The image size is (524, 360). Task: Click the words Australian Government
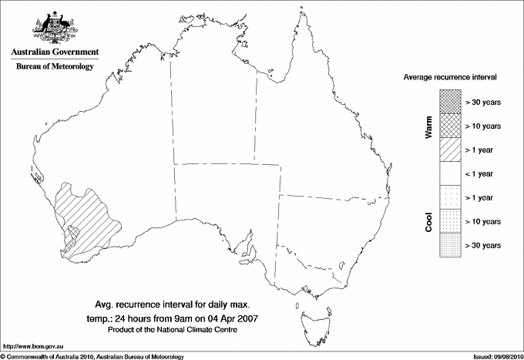(x=55, y=52)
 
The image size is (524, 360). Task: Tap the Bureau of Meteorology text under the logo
(x=55, y=67)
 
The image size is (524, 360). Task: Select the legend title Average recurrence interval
(x=449, y=78)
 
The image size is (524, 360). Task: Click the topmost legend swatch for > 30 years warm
(x=450, y=101)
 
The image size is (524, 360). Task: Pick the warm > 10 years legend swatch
(x=450, y=125)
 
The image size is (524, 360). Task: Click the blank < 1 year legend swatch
(x=450, y=173)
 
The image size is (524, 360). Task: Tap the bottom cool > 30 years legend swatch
(x=450, y=245)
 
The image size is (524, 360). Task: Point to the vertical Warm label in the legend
(x=429, y=126)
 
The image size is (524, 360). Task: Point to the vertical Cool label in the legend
(x=429, y=221)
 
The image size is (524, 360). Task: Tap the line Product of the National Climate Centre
(x=183, y=330)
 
